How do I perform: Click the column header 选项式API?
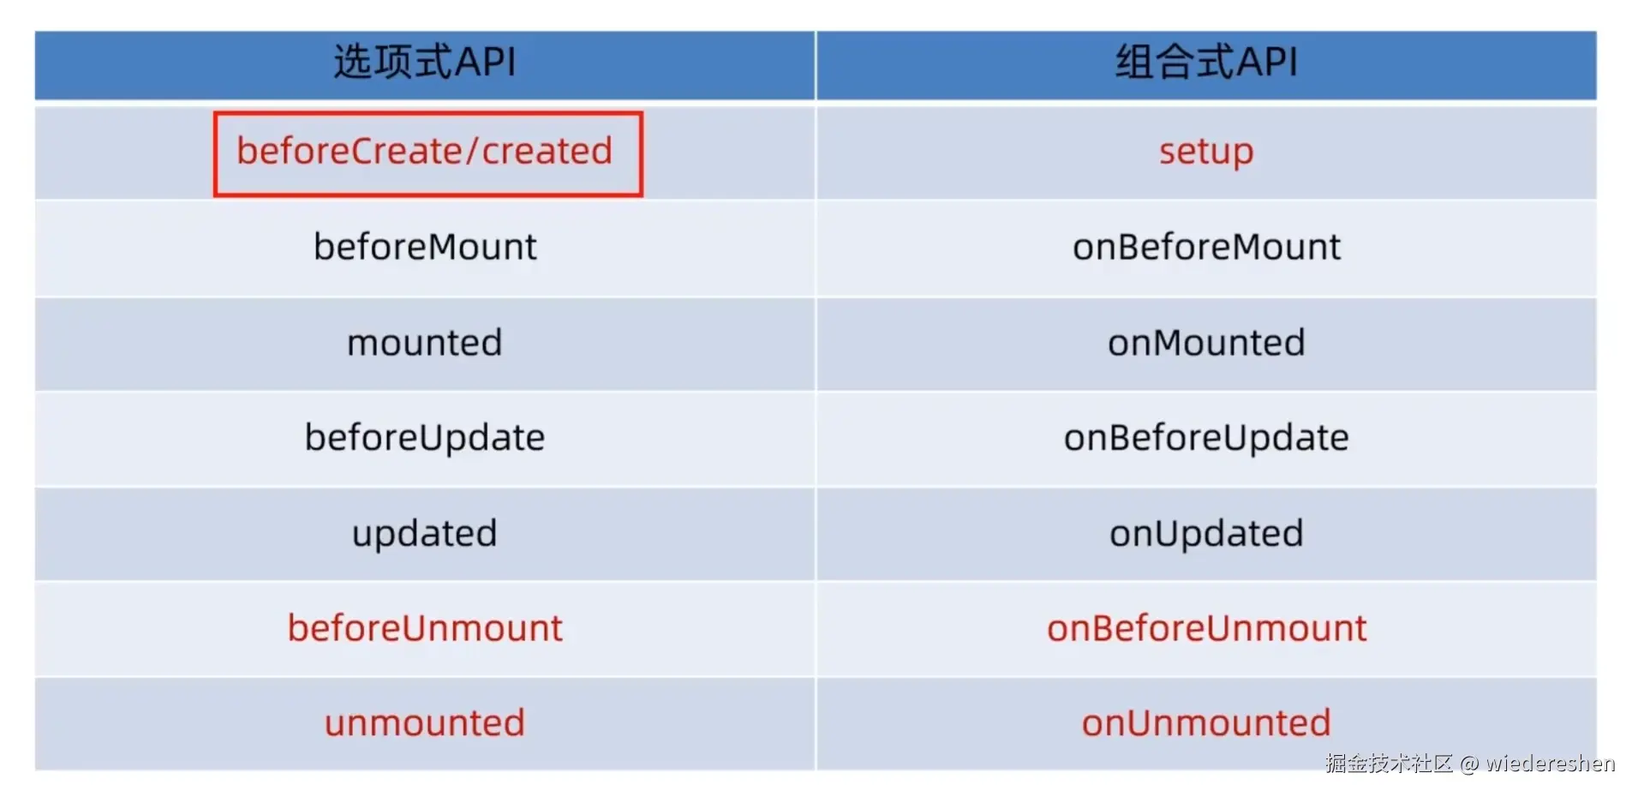[x=425, y=63]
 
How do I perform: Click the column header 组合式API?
[x=1206, y=63]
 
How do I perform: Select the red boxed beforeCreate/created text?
[x=425, y=152]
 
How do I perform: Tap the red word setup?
[x=1206, y=152]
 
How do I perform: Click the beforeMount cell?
[x=425, y=248]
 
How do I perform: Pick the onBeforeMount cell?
[x=1206, y=248]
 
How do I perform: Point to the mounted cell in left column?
[x=425, y=344]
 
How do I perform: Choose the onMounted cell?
[x=1206, y=344]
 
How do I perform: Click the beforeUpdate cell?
[x=425, y=438]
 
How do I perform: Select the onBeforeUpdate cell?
[x=1206, y=438]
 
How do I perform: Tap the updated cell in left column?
[x=425, y=534]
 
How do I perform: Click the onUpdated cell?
[x=1206, y=534]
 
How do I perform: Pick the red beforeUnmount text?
[x=425, y=628]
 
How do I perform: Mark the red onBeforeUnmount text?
[x=1206, y=628]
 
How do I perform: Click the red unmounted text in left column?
[x=425, y=723]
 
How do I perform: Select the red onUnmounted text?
[x=1206, y=723]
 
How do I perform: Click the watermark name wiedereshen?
[x=1550, y=764]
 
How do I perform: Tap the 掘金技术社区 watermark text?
[x=1389, y=764]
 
